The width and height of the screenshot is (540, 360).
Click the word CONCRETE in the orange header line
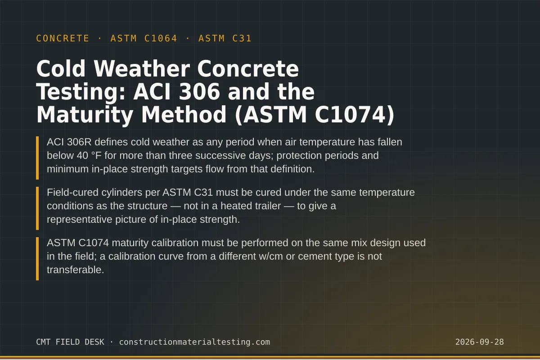pos(63,38)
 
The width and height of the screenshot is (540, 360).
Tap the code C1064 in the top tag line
pos(161,38)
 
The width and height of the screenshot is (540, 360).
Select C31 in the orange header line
pos(242,38)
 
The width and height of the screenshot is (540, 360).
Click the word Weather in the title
pos(142,69)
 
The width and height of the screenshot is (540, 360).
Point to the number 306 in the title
pos(199,92)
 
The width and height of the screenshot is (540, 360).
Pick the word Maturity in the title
pos(85,115)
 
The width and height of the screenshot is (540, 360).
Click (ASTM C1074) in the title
pos(315,115)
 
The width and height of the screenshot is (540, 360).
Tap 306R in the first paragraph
pos(79,142)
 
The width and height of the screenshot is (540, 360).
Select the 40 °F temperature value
pos(89,156)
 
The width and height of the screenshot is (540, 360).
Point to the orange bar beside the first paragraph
pos(37,158)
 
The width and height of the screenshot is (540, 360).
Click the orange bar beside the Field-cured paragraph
pos(37,208)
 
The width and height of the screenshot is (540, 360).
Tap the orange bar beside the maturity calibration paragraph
pos(37,259)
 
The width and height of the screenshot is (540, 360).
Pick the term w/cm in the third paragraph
pos(271,256)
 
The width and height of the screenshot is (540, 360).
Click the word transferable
pos(75,270)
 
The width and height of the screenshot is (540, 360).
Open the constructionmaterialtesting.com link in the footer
pos(194,342)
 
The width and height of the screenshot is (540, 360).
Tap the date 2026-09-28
pos(480,342)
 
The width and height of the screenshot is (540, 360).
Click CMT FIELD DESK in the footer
pos(70,342)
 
